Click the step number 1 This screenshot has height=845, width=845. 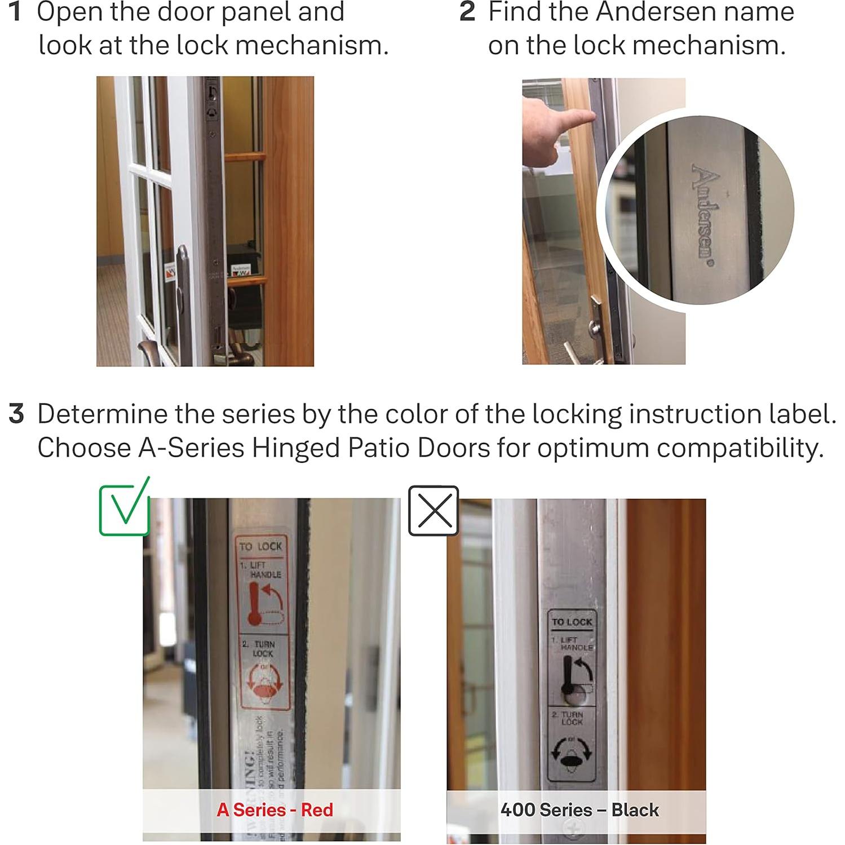point(16,12)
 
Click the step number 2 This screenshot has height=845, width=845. point(467,12)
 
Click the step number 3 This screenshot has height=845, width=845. point(16,414)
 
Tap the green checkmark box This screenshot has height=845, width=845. point(125,507)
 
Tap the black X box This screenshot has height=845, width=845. point(433,511)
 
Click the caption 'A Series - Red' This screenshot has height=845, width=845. point(275,810)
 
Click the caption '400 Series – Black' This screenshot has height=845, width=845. point(579,810)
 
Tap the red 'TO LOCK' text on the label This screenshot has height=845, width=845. point(260,546)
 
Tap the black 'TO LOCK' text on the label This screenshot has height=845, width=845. point(572,622)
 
